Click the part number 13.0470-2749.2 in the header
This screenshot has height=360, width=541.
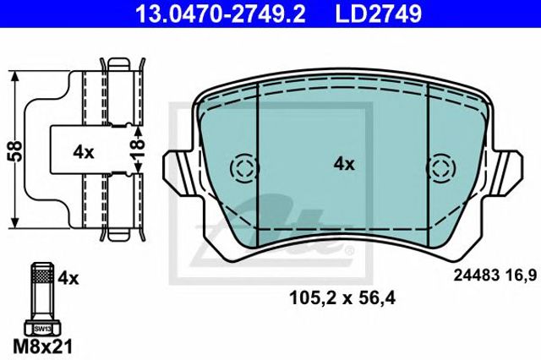tap(220, 14)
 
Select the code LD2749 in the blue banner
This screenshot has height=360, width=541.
tap(378, 14)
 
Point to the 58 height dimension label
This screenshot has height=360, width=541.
tap(16, 150)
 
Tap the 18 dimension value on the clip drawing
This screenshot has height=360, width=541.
tap(138, 148)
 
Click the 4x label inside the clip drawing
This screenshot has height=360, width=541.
tap(84, 152)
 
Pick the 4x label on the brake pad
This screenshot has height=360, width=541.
tap(344, 165)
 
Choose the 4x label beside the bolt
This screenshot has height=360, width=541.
tap(68, 278)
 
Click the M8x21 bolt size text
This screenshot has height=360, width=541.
tap(43, 346)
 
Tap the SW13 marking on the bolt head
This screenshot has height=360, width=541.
tap(42, 330)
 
